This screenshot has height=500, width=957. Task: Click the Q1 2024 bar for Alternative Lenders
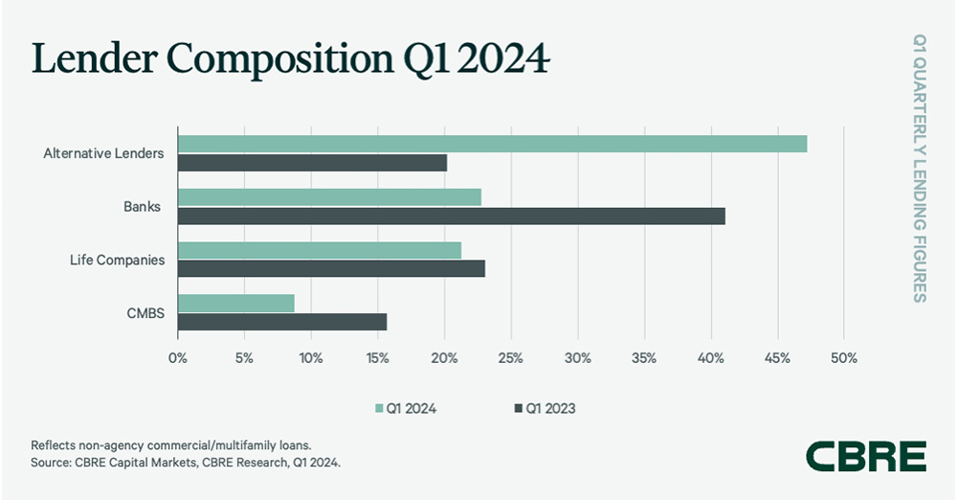[x=492, y=144]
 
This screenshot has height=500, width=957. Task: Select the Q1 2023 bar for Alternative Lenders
[x=312, y=163]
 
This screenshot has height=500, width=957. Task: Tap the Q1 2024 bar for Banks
[x=329, y=197]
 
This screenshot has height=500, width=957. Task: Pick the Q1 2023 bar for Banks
[x=451, y=216]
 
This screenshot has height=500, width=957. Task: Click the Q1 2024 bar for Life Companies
[x=319, y=250]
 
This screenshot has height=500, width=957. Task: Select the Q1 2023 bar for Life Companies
[x=331, y=269]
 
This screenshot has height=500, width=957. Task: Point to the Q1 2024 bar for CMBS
[x=235, y=304]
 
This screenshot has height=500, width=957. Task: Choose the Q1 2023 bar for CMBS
[x=282, y=322]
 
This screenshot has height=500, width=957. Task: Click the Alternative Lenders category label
[x=103, y=153]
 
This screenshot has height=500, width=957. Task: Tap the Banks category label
[x=142, y=207]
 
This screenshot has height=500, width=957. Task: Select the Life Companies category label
[x=117, y=260]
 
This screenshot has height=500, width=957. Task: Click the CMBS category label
[x=145, y=313]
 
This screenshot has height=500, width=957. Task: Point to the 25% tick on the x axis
[x=510, y=359]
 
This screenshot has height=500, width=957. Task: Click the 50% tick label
[x=843, y=359]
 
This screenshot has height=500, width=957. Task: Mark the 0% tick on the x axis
[x=178, y=359]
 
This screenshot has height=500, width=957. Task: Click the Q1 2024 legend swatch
[x=379, y=408]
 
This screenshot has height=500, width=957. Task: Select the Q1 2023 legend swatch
[x=519, y=408]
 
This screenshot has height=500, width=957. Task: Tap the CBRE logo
[x=865, y=456]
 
